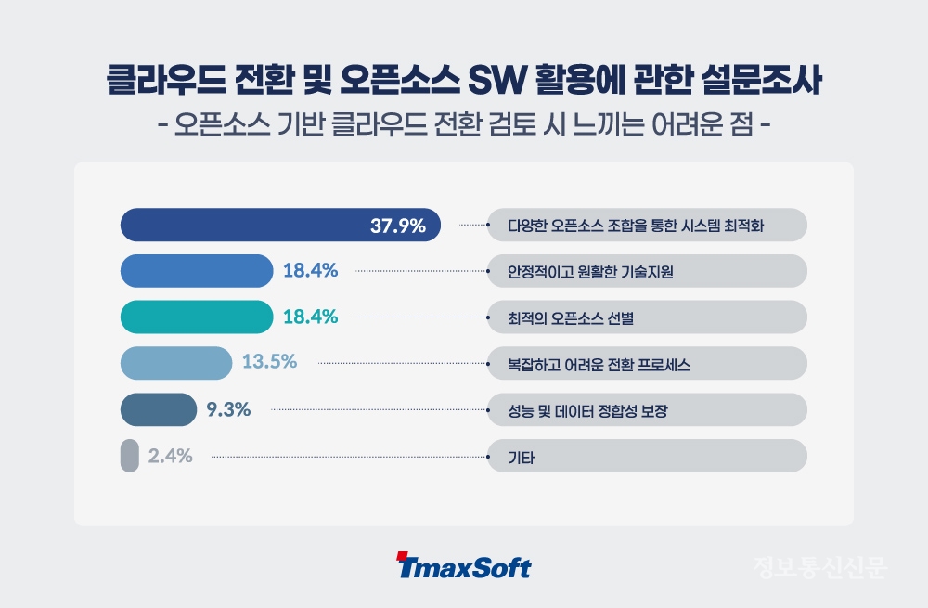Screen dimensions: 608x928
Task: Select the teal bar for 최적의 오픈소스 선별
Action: click(197, 317)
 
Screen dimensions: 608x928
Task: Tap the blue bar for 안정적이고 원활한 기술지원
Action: click(197, 270)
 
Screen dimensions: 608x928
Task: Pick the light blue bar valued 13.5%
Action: click(176, 363)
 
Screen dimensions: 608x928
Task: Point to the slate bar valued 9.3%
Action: click(159, 408)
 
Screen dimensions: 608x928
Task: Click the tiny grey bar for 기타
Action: click(129, 456)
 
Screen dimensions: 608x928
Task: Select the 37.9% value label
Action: click(397, 225)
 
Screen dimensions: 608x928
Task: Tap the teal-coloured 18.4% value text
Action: click(310, 317)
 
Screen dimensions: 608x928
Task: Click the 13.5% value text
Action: click(269, 362)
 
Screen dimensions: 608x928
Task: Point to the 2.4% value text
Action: click(170, 456)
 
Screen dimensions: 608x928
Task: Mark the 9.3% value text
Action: click(228, 408)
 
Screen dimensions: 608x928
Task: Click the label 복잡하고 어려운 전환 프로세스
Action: click(599, 364)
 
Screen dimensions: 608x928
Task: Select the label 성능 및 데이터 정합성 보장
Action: click(587, 410)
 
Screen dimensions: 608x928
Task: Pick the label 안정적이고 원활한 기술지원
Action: click(590, 272)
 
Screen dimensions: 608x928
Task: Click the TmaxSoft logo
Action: click(463, 566)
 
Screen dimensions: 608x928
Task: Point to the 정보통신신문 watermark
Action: click(819, 566)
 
